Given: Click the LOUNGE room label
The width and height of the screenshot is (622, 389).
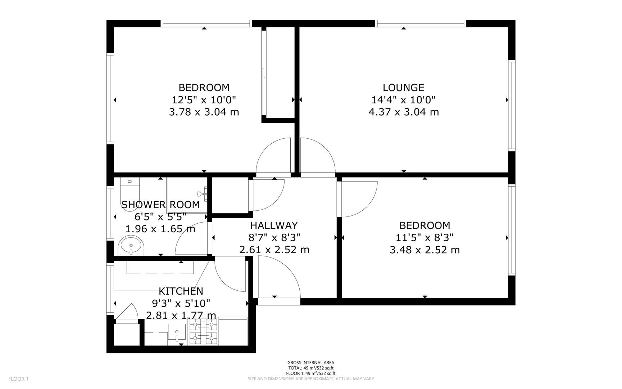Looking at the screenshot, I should pos(403,88).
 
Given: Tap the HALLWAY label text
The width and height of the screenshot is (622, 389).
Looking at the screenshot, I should pos(274,225).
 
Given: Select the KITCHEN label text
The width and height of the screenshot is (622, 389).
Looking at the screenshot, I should pos(181,291).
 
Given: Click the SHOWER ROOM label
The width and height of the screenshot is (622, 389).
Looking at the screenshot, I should pos(160,205).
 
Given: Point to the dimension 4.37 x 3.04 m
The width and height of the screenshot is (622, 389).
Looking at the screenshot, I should pos(404,112).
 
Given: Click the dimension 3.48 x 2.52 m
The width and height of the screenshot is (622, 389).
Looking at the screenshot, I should pos(424,250).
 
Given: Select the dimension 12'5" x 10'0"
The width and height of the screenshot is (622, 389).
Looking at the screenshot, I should pos(204,100).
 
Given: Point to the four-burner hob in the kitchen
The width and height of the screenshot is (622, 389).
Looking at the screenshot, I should pos(204,332).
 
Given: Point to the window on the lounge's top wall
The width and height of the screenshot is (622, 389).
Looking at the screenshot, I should pos(421,24).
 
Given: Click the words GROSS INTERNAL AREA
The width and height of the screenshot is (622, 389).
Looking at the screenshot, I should pos(310,363).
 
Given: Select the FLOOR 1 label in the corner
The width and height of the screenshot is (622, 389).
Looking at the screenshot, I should pos(18,379).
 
